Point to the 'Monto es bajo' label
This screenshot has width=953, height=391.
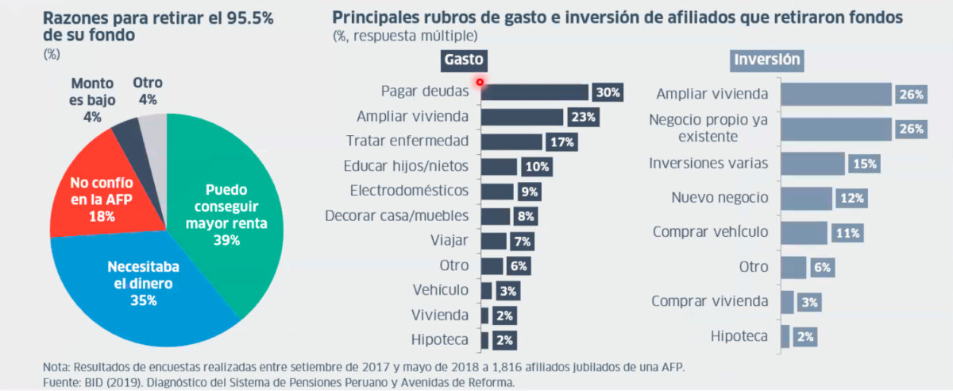[92, 99]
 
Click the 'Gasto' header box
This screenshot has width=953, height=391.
[464, 60]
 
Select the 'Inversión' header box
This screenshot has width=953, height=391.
[766, 60]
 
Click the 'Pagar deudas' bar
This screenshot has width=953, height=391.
[534, 92]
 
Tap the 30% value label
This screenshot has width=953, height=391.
[608, 93]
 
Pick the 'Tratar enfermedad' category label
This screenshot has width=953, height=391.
[407, 141]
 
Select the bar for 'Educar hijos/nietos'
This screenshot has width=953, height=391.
[499, 167]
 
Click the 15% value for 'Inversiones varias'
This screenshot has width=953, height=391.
[864, 164]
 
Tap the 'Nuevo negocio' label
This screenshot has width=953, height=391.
[720, 198]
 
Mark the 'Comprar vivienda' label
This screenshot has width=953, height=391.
[709, 301]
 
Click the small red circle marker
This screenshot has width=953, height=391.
[480, 81]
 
